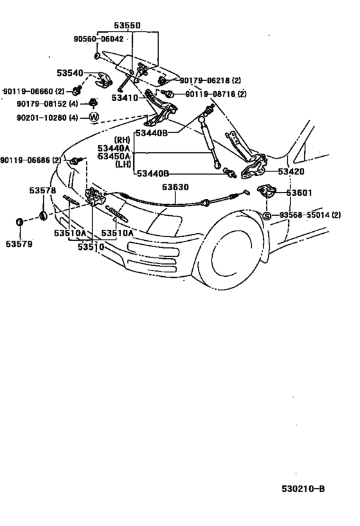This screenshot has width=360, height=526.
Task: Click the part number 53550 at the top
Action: [x=127, y=26]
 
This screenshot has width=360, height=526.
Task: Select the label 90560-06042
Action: [x=98, y=39]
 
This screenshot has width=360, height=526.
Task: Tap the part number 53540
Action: [x=70, y=73]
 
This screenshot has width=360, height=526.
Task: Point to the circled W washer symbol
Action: [x=94, y=118]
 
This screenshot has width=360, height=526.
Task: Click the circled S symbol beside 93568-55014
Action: [x=266, y=216]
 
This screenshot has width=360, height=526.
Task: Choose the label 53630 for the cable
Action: [x=175, y=187]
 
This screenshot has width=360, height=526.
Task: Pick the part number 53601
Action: [x=299, y=193]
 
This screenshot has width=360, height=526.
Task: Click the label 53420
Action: [x=291, y=171]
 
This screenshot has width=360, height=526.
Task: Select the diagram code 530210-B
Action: [x=303, y=489]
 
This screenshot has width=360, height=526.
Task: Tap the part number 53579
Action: [x=19, y=244]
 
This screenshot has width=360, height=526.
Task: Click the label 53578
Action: [x=42, y=191]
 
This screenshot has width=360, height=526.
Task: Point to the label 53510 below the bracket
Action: [x=91, y=247]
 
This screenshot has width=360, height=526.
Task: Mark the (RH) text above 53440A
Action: [x=122, y=139]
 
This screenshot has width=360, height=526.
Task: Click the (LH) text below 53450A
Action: [x=123, y=164]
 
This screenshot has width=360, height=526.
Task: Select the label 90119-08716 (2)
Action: [x=215, y=94]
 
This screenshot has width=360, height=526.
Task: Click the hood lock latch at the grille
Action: [x=95, y=197]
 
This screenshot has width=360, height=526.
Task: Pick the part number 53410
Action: [x=125, y=98]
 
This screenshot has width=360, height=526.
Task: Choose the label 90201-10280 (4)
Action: [x=48, y=118]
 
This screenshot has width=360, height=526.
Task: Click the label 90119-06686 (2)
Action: [x=31, y=161]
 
